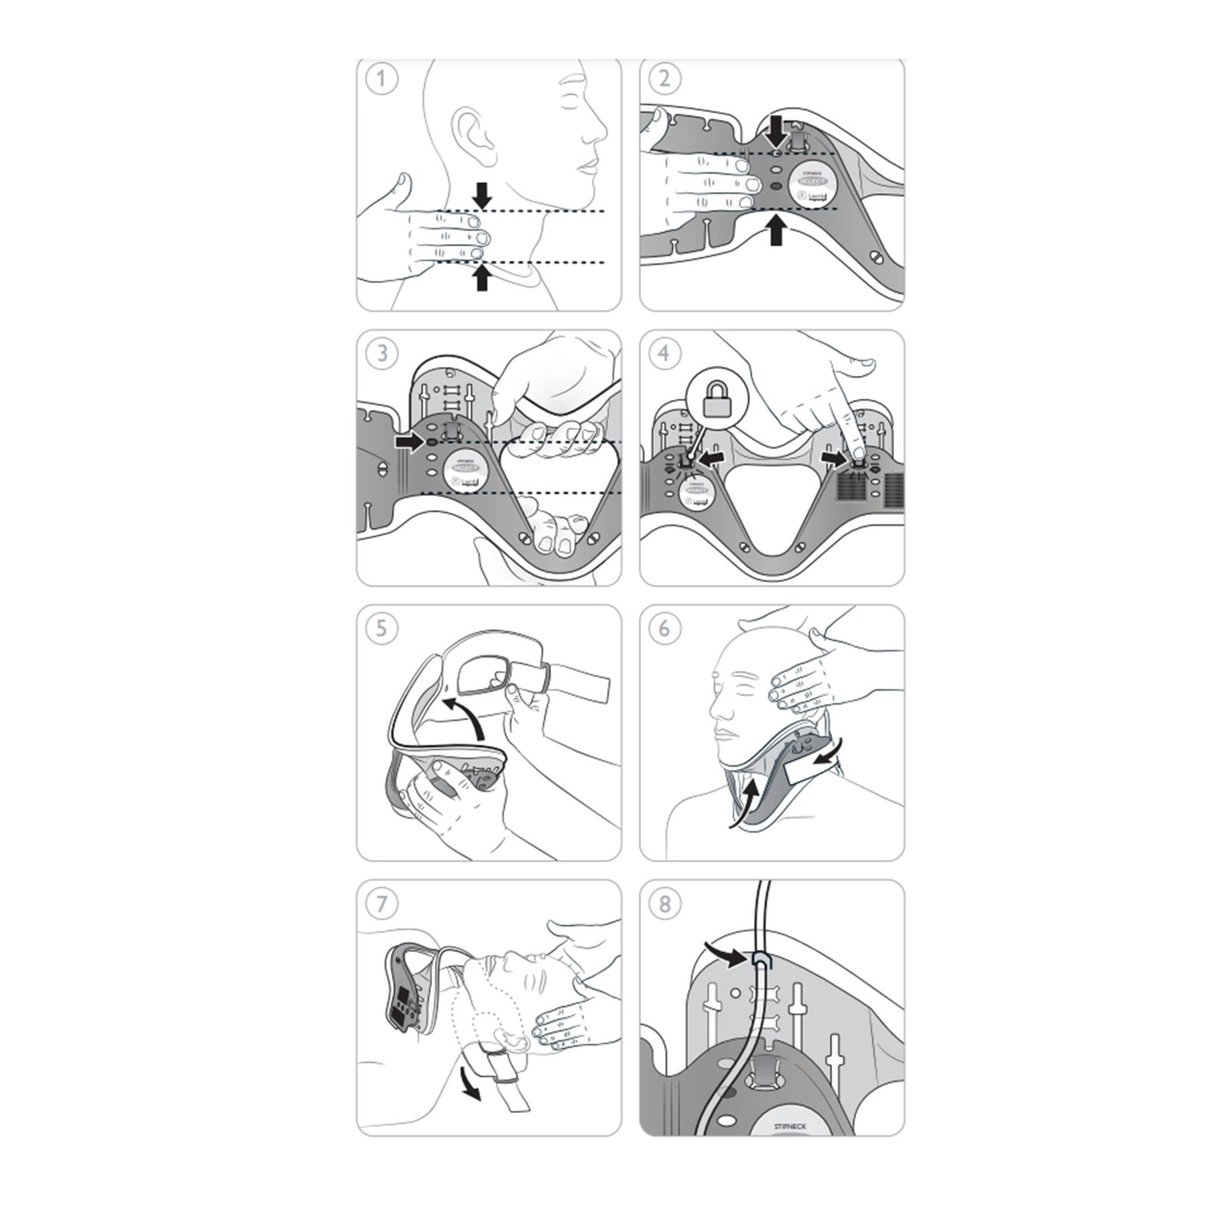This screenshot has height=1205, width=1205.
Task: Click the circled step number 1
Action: pos(382,79)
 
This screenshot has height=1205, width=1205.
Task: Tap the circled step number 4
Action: pos(664,352)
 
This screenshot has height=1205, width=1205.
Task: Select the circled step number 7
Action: pos(382,903)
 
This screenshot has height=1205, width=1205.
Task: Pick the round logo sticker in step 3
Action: pos(465,473)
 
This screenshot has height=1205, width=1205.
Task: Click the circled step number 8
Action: pos(664,903)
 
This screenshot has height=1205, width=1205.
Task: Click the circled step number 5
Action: pos(382,627)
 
